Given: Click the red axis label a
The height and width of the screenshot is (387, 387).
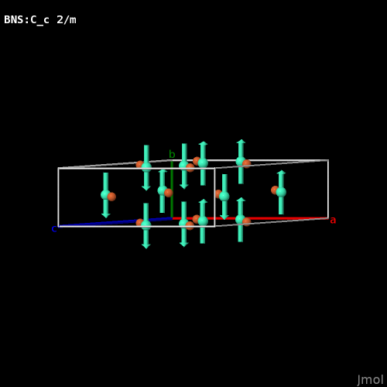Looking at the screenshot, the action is click(x=333, y=221).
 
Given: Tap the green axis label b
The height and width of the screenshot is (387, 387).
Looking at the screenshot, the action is click(x=172, y=154).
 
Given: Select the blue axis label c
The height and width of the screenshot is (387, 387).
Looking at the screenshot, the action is click(x=54, y=229).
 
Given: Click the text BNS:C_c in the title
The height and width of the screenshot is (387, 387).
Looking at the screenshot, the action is click(x=26, y=20).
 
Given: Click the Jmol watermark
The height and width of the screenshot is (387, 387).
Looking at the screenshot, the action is click(x=370, y=380).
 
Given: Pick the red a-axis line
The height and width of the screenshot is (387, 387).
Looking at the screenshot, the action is click(x=250, y=218).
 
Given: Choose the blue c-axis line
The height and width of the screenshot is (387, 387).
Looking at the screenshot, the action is click(x=115, y=222).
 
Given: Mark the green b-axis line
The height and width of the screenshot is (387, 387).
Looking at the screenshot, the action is click(x=172, y=189).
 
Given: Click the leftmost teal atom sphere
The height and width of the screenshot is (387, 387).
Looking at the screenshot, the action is click(x=105, y=195).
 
